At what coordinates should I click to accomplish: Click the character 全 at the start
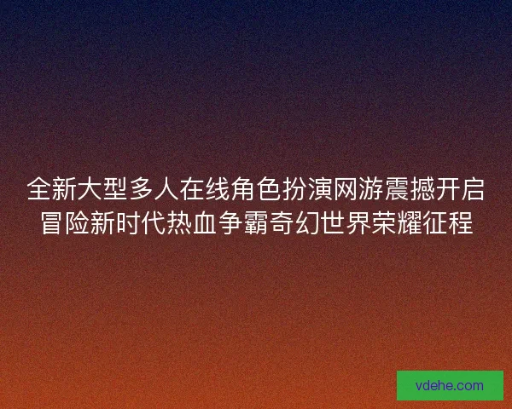(x=39, y=188)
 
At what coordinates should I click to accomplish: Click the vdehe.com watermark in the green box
(x=450, y=385)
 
